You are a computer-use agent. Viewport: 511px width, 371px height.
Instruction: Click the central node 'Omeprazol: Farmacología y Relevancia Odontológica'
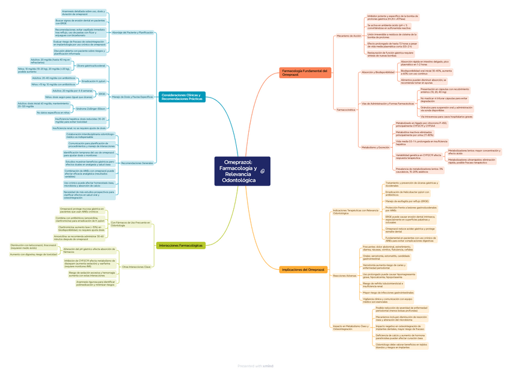[242, 171]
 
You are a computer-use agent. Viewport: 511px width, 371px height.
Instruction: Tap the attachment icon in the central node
[263, 172]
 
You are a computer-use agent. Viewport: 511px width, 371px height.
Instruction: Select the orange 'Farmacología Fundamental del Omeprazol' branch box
[305, 73]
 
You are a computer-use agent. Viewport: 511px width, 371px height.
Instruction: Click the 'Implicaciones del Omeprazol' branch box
[303, 269]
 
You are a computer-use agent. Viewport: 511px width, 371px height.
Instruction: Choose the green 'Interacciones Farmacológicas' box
[181, 245]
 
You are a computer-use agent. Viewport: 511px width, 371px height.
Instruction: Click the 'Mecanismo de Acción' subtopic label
[349, 36]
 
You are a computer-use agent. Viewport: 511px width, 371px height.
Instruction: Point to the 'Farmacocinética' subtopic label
[346, 110]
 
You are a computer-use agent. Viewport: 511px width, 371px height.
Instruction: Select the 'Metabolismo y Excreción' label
[375, 147]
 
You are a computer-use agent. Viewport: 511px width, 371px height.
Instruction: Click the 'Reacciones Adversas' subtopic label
[344, 275]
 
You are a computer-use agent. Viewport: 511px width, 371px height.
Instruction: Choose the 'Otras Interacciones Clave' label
[136, 266]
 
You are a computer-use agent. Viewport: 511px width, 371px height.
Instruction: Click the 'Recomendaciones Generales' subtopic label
[137, 163]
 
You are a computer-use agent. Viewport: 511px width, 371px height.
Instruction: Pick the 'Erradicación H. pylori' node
[93, 81]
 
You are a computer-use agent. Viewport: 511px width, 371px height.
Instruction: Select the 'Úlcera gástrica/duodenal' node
[91, 65]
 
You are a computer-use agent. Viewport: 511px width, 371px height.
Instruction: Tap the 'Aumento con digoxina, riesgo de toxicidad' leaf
[34, 254]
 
